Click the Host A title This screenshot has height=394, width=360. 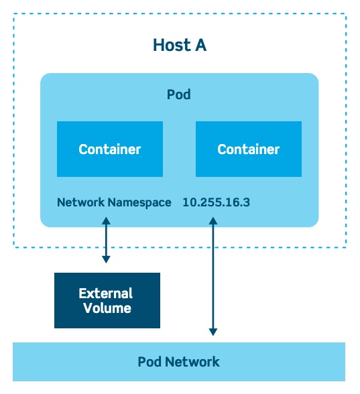click(180, 46)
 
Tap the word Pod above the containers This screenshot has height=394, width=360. click(179, 94)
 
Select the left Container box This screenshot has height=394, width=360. click(110, 149)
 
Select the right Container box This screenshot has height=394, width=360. click(249, 149)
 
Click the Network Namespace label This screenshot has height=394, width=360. click(114, 202)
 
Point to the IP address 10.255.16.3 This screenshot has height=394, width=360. click(216, 202)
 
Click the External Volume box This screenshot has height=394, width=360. click(107, 300)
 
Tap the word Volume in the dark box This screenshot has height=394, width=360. click(107, 308)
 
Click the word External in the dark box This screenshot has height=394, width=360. click(106, 293)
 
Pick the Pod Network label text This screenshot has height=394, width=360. click(179, 362)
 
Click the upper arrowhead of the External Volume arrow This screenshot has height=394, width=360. click(106, 221)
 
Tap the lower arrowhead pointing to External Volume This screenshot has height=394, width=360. click(106, 259)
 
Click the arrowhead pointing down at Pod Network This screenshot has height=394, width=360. click(213, 332)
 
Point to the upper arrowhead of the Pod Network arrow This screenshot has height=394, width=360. click(213, 221)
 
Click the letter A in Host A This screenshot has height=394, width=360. click(200, 46)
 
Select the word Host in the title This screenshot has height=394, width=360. click(172, 46)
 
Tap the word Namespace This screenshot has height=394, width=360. click(139, 203)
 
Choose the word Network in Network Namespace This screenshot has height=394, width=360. click(80, 202)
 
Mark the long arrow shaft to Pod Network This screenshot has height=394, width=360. click(213, 276)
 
